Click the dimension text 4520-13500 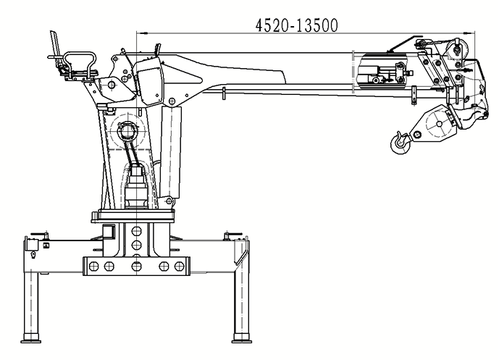[x=297, y=25]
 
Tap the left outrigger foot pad [x=31, y=341]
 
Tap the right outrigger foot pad [x=242, y=341]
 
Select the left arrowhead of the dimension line [x=142, y=33]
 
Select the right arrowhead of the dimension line [x=469, y=33]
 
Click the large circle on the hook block [x=439, y=124]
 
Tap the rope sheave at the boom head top [x=457, y=48]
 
